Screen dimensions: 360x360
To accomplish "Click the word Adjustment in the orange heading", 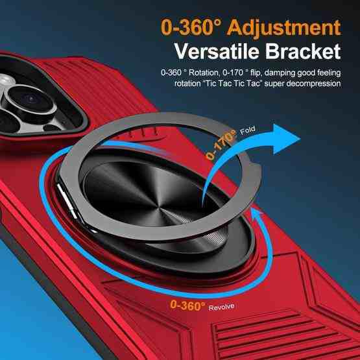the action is pos(284,29).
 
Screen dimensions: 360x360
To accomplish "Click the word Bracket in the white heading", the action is pos(303,51).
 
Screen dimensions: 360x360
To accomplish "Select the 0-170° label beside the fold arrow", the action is pos(221,145).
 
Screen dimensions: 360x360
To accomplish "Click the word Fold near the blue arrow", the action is pos(248,130).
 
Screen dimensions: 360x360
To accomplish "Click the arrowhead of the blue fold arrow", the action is pos(286,139).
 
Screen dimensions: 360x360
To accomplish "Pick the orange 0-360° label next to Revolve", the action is pos(187,306).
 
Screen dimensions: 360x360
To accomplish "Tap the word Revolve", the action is pos(221,307).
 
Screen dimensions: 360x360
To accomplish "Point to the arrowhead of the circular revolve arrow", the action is pos(257,212).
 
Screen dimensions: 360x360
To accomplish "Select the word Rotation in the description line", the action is pos(204,73).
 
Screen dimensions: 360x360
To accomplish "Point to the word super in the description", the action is pos(274,84).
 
